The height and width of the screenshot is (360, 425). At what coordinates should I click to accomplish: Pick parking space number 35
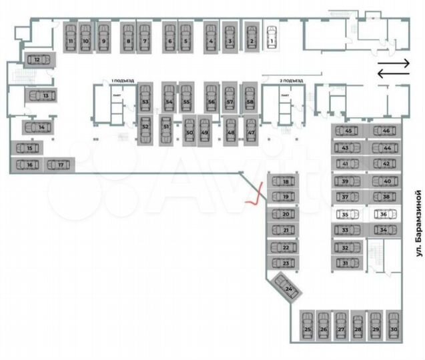point(345,215)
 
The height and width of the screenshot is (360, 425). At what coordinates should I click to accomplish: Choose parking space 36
point(383,215)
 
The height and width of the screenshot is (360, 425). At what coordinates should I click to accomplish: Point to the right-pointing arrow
point(393,63)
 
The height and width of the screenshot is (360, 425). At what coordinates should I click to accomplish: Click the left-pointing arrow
point(393,73)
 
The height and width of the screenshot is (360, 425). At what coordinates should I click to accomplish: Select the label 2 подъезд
point(291,81)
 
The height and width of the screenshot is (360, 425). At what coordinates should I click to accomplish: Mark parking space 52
point(145,127)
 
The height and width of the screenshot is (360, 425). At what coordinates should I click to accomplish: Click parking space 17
point(60,164)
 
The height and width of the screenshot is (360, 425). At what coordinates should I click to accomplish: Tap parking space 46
point(385,131)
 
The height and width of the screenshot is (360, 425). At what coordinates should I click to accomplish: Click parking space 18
point(286,181)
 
